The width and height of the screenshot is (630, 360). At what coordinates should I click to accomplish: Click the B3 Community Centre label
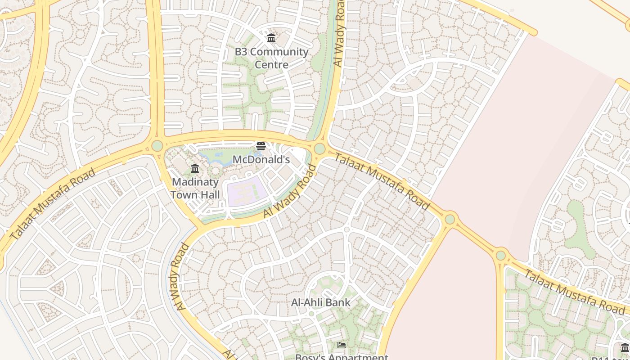click(x=271, y=58)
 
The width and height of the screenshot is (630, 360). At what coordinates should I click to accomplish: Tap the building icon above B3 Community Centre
click(x=271, y=38)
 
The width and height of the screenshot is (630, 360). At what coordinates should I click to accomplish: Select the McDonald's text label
click(x=261, y=159)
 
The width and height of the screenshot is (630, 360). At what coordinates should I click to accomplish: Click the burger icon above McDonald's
click(x=261, y=146)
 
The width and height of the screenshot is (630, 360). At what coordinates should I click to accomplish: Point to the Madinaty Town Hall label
click(x=195, y=188)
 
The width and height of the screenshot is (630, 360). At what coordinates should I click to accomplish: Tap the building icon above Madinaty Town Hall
click(x=195, y=169)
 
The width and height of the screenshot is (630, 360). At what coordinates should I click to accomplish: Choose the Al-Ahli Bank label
click(x=320, y=302)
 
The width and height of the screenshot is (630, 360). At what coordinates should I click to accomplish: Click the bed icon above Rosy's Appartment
click(x=342, y=345)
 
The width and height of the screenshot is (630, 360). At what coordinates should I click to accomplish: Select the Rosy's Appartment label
click(x=341, y=357)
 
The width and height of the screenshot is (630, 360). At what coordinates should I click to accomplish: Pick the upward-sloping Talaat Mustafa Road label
click(x=53, y=204)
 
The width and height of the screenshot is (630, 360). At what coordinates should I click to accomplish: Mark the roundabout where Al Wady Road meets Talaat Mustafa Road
click(x=319, y=148)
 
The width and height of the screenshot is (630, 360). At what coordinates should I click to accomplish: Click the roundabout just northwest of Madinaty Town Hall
click(x=157, y=146)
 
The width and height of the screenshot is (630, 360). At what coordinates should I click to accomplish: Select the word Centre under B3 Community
click(x=271, y=64)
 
